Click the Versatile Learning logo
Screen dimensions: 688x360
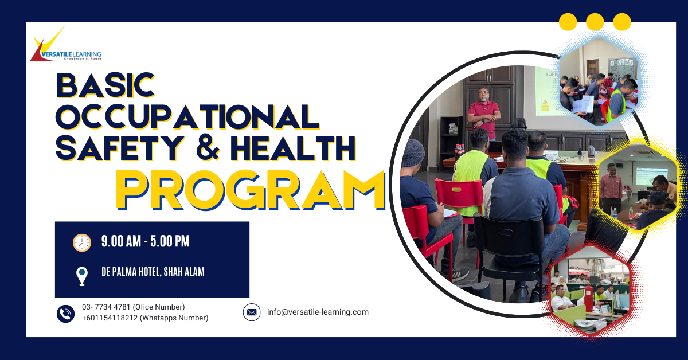pos(65,44)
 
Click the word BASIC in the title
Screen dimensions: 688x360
pos(105,85)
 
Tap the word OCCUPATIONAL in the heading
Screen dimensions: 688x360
pos(187,117)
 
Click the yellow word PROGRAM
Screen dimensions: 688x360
pos(250,190)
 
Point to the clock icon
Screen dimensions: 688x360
pos(81,242)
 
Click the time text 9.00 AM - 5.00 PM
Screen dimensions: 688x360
pos(145,241)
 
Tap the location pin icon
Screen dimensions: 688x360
pos(81,276)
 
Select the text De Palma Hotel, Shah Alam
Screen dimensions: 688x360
pos(153,272)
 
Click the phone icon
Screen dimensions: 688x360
pos(65,314)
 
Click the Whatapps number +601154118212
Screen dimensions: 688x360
pos(110,318)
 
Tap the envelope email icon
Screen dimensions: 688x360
pos(252,312)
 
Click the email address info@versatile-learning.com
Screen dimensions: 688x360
pos(318,312)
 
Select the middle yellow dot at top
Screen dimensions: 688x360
pos(595,22)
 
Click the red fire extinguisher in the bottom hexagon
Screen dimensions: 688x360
pos(588,297)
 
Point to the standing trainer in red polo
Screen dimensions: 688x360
pos(484,113)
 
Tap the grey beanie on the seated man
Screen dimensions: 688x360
pos(412,152)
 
